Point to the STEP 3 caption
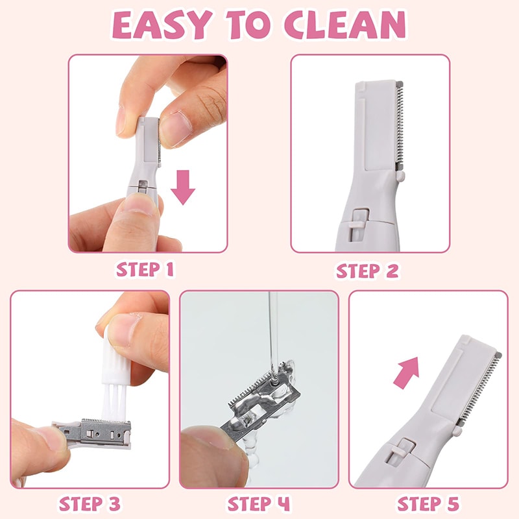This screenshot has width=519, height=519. (x=90, y=503)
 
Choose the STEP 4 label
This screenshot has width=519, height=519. (x=258, y=503)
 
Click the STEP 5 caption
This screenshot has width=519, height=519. (x=428, y=503)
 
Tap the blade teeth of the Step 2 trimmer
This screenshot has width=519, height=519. (x=399, y=130)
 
